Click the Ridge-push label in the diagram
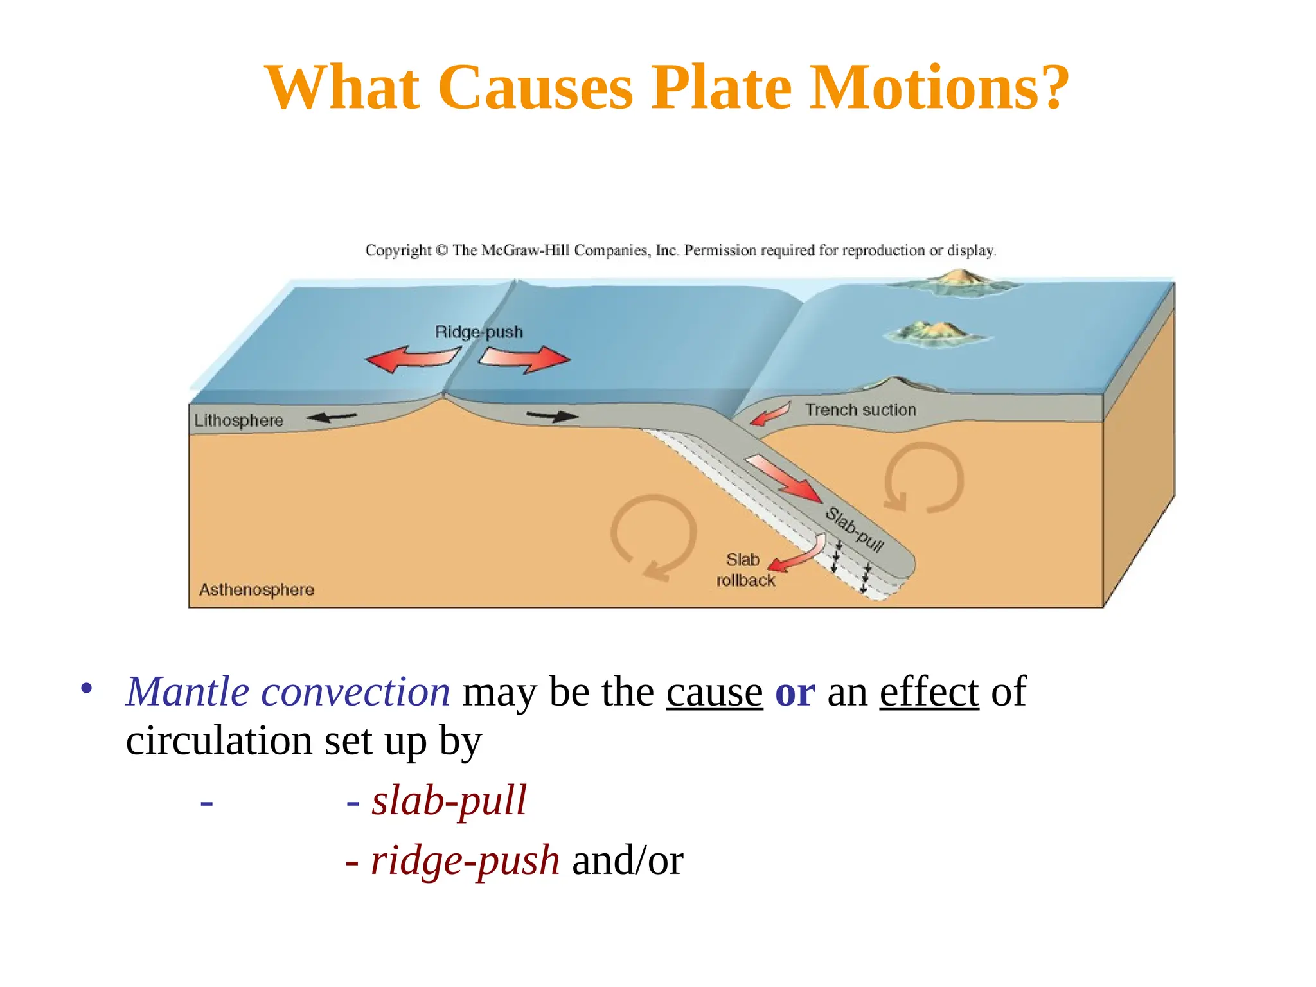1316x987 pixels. click(479, 332)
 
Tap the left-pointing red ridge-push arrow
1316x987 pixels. click(411, 359)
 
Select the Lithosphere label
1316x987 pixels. click(238, 421)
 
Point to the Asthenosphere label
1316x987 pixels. click(256, 590)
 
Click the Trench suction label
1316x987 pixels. click(860, 410)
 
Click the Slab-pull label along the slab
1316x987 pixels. click(855, 529)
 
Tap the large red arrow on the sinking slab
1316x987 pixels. click(784, 479)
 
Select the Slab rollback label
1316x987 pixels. click(745, 570)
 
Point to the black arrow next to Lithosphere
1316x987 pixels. click(332, 418)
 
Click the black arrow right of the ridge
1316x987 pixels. click(552, 416)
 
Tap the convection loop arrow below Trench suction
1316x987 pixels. click(924, 478)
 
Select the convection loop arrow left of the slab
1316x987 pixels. click(653, 536)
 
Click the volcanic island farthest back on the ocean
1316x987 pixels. click(954, 283)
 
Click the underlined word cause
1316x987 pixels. click(714, 693)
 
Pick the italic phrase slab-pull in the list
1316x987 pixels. click(449, 801)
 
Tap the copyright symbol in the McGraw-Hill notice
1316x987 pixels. click(441, 250)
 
